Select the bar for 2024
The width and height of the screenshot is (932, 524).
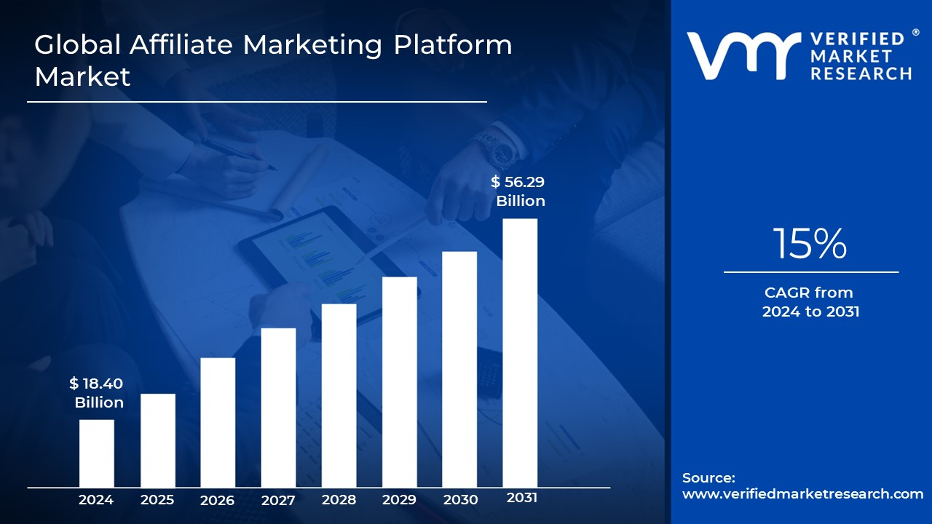click(96, 453)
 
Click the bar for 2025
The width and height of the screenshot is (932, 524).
click(157, 440)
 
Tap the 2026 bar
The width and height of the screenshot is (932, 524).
click(218, 422)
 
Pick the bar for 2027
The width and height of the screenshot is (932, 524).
click(278, 408)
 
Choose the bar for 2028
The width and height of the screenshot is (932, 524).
click(339, 395)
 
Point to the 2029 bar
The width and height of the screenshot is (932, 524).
click(400, 382)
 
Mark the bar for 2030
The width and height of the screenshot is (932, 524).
click(459, 369)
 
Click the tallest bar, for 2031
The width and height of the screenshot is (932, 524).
click(520, 353)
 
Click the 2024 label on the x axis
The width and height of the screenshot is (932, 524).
click(96, 500)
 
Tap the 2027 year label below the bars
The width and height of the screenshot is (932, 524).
click(278, 500)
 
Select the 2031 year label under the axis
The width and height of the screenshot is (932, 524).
click(521, 498)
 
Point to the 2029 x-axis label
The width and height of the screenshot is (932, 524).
click(400, 500)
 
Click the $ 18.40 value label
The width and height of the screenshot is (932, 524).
click(96, 384)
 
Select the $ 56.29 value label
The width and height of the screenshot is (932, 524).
click(518, 183)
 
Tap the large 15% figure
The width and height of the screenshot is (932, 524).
click(810, 244)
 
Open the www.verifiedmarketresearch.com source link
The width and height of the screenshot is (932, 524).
click(802, 494)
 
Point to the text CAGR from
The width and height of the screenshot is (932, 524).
click(808, 293)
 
